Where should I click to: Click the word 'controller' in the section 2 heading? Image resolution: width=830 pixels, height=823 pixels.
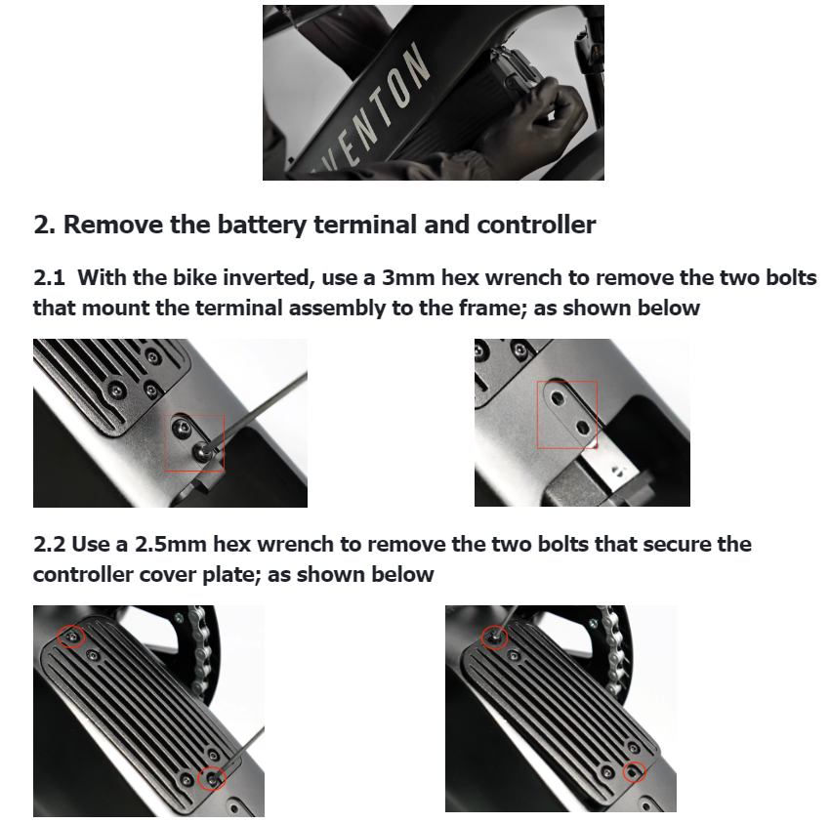coord(536,225)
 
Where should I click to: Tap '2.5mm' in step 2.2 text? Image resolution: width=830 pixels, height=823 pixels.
coord(171,544)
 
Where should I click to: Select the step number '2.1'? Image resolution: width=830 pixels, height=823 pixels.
coord(49,278)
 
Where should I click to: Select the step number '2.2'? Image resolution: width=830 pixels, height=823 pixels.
coord(49,544)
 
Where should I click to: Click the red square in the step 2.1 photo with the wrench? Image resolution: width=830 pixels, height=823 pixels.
coord(165,443)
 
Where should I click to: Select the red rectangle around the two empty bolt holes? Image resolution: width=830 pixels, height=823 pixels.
coord(537,415)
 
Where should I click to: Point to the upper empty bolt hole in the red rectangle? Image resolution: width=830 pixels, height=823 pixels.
coord(558,397)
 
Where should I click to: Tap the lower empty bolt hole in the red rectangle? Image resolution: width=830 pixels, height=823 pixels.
coord(582,427)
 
